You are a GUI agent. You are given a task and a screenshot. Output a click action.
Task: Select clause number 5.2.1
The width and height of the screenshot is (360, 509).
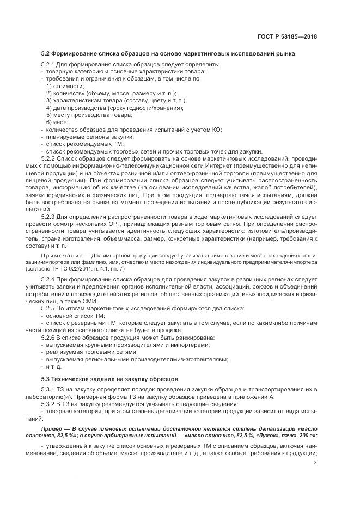tap(50, 65)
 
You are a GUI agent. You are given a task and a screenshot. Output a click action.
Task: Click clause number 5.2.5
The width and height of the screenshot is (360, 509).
tap(50, 309)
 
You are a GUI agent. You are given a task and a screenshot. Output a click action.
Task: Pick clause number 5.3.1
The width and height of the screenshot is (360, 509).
tap(50, 390)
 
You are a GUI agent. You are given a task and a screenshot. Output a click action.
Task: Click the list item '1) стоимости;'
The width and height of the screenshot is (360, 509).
tap(65, 86)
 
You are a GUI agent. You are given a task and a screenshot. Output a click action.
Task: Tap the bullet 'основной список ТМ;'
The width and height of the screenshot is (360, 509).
tap(75, 316)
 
